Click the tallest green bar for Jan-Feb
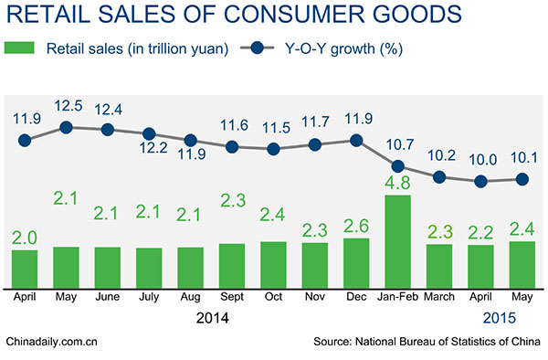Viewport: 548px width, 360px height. [397, 239]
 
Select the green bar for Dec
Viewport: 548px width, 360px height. [356, 260]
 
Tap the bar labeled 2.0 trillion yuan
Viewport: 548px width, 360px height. [25, 266]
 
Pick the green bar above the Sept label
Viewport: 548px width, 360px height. [232, 263]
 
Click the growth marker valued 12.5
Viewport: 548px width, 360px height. [66, 127]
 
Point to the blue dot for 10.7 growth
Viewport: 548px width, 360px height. [397, 166]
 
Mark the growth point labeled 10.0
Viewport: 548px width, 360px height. [480, 181]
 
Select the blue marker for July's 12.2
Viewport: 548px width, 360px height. [149, 133]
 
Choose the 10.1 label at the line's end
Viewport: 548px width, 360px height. [522, 159]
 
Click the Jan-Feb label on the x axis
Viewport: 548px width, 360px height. [397, 298]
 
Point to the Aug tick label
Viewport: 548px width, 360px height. [190, 298]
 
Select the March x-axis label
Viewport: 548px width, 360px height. [439, 298]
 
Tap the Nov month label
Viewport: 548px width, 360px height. [315, 298]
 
